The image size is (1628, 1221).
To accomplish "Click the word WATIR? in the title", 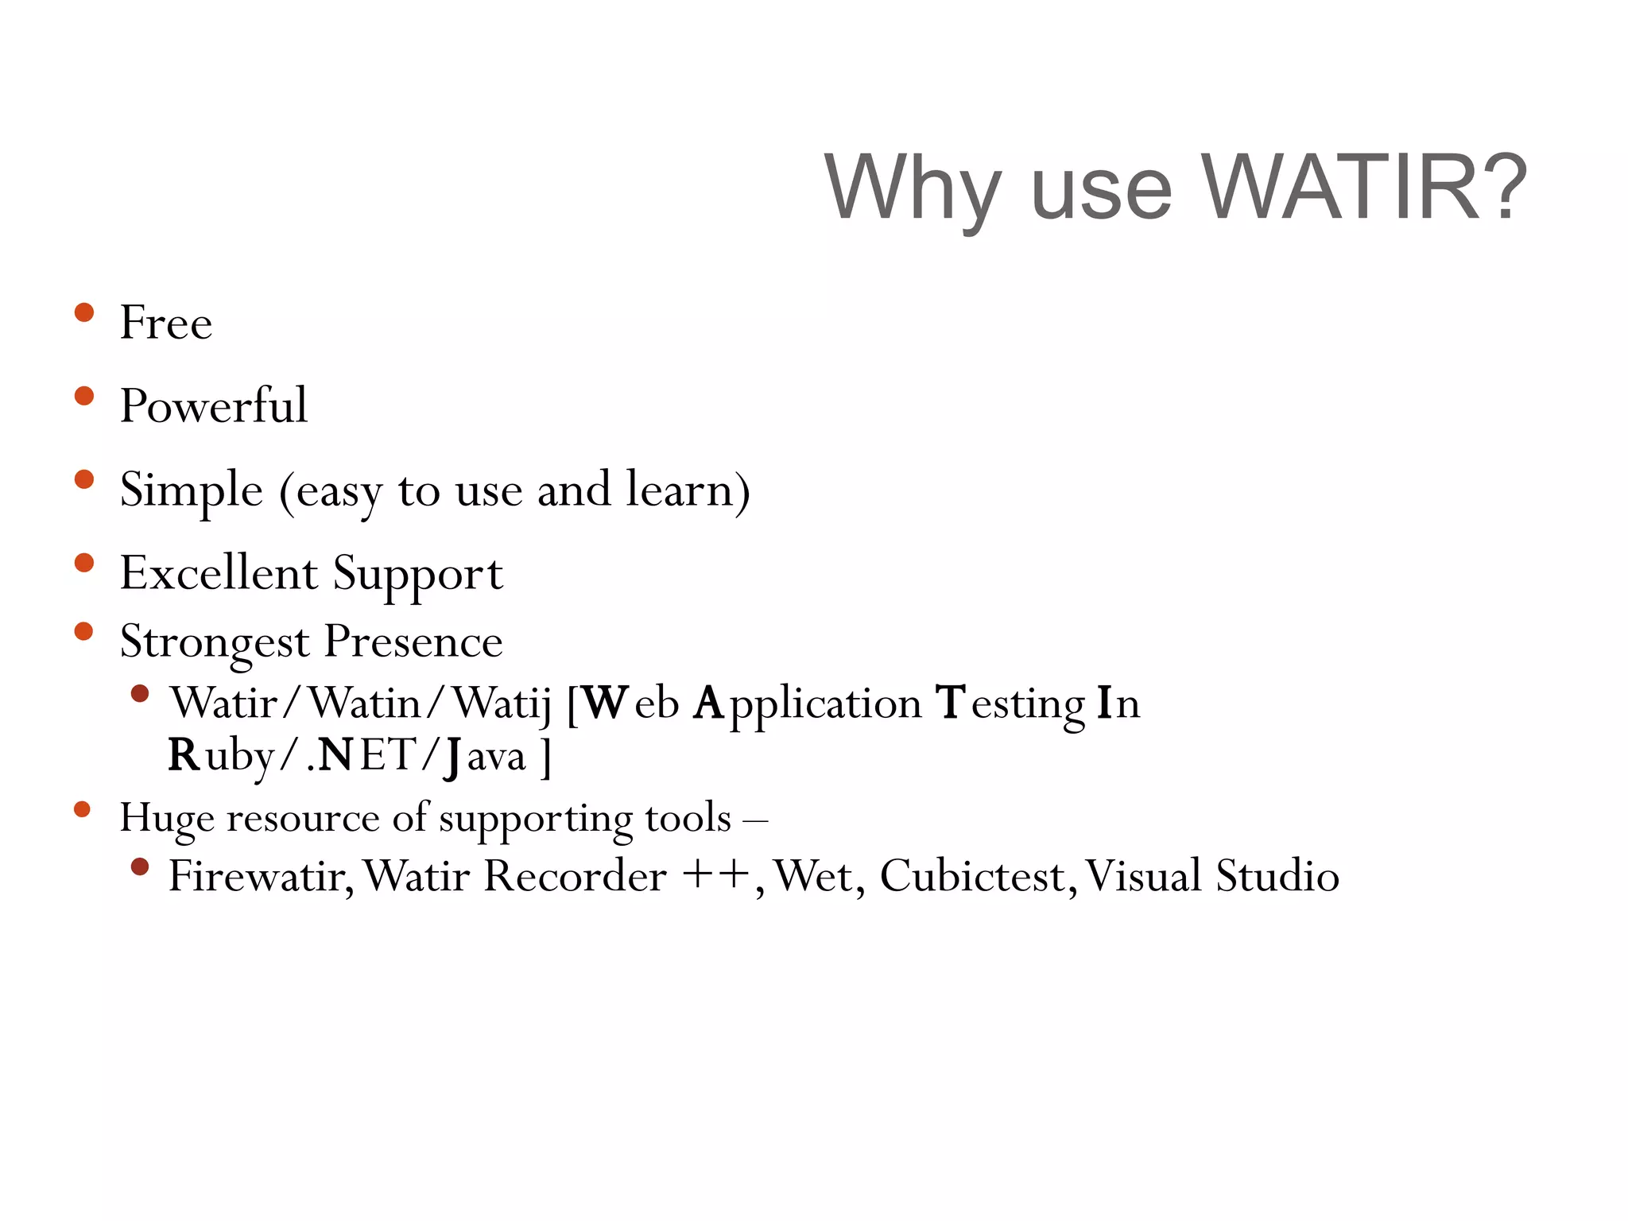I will pos(1363,188).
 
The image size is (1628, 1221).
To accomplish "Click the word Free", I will pos(166,324).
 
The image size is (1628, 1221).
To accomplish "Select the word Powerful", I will pos(213,406).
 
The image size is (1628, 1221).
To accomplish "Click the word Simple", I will pos(191,490).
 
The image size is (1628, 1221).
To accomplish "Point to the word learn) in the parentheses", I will pos(688,490).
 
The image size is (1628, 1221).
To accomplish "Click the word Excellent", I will pos(219,573).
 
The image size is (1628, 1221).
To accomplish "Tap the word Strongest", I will pos(214,642).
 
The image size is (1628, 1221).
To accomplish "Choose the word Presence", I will pos(413,641).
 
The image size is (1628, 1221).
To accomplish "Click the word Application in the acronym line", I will pos(807,704).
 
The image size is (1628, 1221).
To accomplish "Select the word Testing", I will pos(1010,704).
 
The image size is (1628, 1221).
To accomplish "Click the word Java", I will pos(485,756).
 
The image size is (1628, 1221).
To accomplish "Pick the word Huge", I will pos(166,820).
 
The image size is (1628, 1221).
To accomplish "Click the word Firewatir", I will pos(260,877).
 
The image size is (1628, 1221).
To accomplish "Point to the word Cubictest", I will pos(978,877).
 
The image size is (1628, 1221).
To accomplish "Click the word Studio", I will pos(1277,877).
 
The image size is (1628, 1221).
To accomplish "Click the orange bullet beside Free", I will pos(83,312).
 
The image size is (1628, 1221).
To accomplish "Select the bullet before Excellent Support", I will pos(83,563).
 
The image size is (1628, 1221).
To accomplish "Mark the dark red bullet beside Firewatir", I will pos(140,866).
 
